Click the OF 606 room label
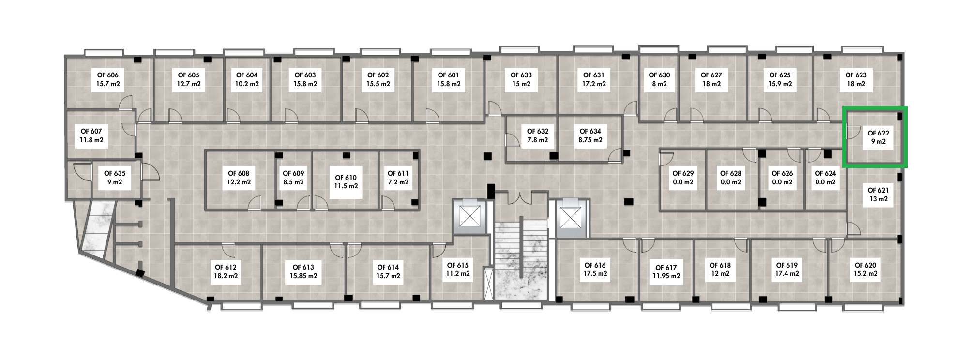coord(108,79)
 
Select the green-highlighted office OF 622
coord(875,137)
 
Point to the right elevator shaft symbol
coord(570,217)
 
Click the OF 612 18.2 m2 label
coord(226,271)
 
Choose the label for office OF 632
coord(538,135)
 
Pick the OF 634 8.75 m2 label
coord(590,135)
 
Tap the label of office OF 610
coord(346,182)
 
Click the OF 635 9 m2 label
coord(115,178)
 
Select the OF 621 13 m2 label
coord(878,195)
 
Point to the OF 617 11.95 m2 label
coord(666,272)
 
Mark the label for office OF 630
coord(659,79)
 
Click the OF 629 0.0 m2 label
coord(683,178)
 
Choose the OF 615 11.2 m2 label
coord(457,270)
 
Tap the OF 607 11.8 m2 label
coord(91,135)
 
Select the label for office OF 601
coord(449,79)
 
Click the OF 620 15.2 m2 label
coord(865,270)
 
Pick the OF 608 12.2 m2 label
coord(239,178)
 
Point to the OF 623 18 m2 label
coord(856,79)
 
